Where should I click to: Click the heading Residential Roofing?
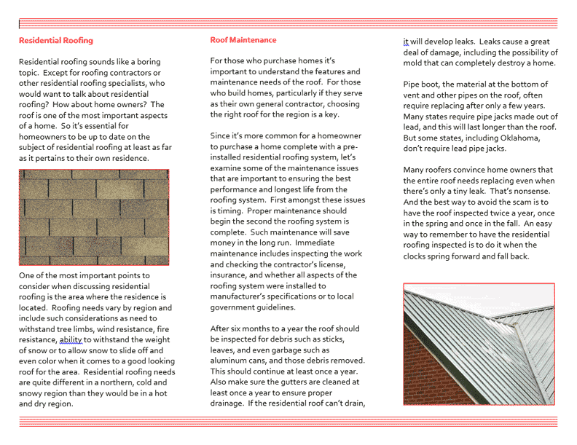56,41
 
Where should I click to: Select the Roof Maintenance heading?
243,40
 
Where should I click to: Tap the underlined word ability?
71,339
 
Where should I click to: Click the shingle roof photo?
94,217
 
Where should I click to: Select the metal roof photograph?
479,344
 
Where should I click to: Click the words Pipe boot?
422,84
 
